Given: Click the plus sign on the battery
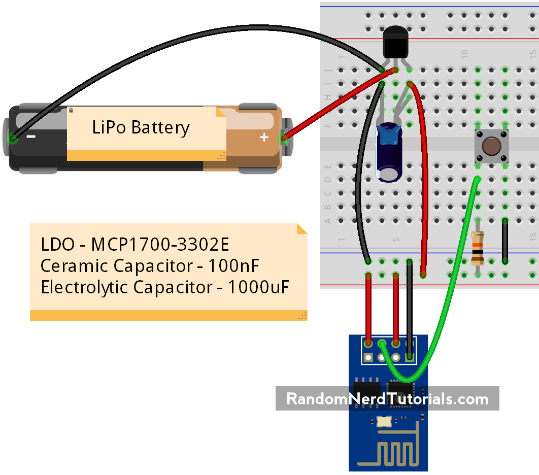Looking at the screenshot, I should tap(263, 137).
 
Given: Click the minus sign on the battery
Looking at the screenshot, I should tap(31, 137).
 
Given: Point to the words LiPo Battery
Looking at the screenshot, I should tap(141, 127).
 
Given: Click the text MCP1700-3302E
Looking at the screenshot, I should tap(160, 245).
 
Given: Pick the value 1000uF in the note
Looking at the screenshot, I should tap(258, 287).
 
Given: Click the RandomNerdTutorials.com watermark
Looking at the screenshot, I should tap(387, 399).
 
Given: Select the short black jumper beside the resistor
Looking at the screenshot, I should tap(505, 241).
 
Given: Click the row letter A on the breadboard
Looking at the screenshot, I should tap(328, 221).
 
